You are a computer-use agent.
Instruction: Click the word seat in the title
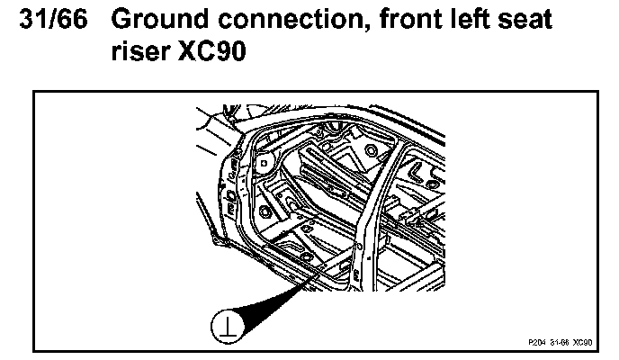tap(523, 20)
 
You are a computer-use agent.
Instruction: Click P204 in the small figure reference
tap(537, 343)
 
